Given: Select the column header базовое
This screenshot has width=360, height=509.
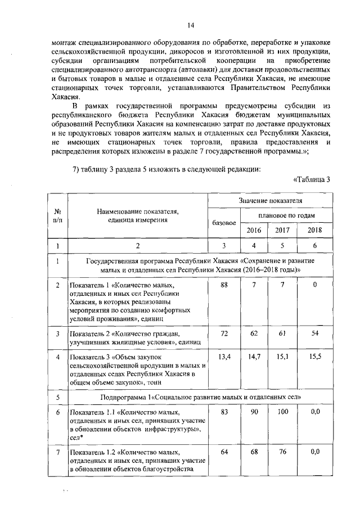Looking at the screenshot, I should click(x=223, y=224).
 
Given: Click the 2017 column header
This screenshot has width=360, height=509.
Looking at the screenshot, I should click(x=282, y=231).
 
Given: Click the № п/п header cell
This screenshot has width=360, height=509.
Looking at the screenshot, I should click(x=57, y=215).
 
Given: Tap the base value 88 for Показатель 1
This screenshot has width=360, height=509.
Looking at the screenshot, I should click(x=223, y=285).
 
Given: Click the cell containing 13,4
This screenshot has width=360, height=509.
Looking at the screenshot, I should click(x=223, y=356).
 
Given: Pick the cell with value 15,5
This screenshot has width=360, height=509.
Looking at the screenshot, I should click(x=315, y=356).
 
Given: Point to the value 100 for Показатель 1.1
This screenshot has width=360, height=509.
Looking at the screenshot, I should click(x=282, y=412).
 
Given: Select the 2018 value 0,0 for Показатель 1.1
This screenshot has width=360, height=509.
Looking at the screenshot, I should click(x=315, y=412).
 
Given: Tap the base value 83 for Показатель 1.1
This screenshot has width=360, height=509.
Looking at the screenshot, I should click(x=223, y=412).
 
